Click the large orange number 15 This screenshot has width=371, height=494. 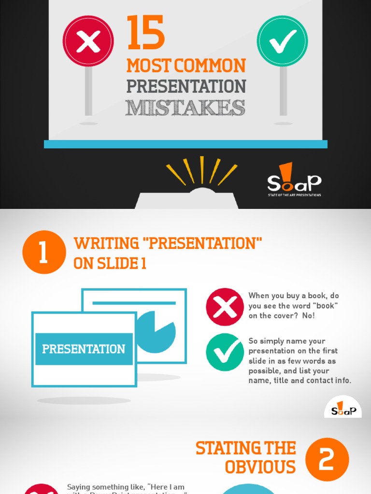coord(145,33)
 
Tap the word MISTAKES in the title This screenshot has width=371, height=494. coord(185,108)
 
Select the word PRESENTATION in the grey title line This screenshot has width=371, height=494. coord(186,86)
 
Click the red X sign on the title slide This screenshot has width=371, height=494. coord(88,41)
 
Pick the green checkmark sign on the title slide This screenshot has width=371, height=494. coord(282,41)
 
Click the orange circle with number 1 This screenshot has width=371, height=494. coord(44,252)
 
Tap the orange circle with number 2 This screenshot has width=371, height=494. coord(327,459)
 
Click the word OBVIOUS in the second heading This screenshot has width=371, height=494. coord(260,467)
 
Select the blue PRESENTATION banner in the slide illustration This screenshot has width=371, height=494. coord(84,349)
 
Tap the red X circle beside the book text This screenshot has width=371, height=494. coord(225,307)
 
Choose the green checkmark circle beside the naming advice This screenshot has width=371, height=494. coord(225,352)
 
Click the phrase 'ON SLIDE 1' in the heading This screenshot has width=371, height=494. coord(110,264)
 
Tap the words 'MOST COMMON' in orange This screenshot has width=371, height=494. coord(186,66)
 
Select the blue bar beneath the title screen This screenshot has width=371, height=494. coord(185,144)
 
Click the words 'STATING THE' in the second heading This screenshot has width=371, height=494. coord(245,448)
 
